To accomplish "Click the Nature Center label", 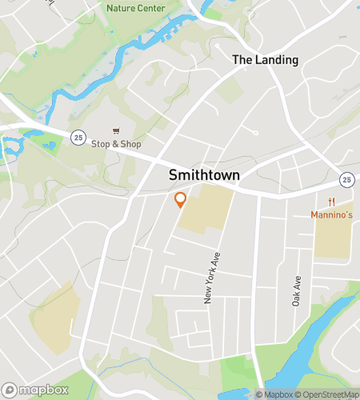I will point(135,8).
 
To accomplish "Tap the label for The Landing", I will point(265,59).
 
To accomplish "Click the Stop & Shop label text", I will point(116,144).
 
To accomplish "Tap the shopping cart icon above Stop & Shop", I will point(116,131).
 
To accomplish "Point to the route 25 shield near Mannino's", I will point(346,178).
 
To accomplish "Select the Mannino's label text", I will point(331,214).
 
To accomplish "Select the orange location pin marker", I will point(181,199).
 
